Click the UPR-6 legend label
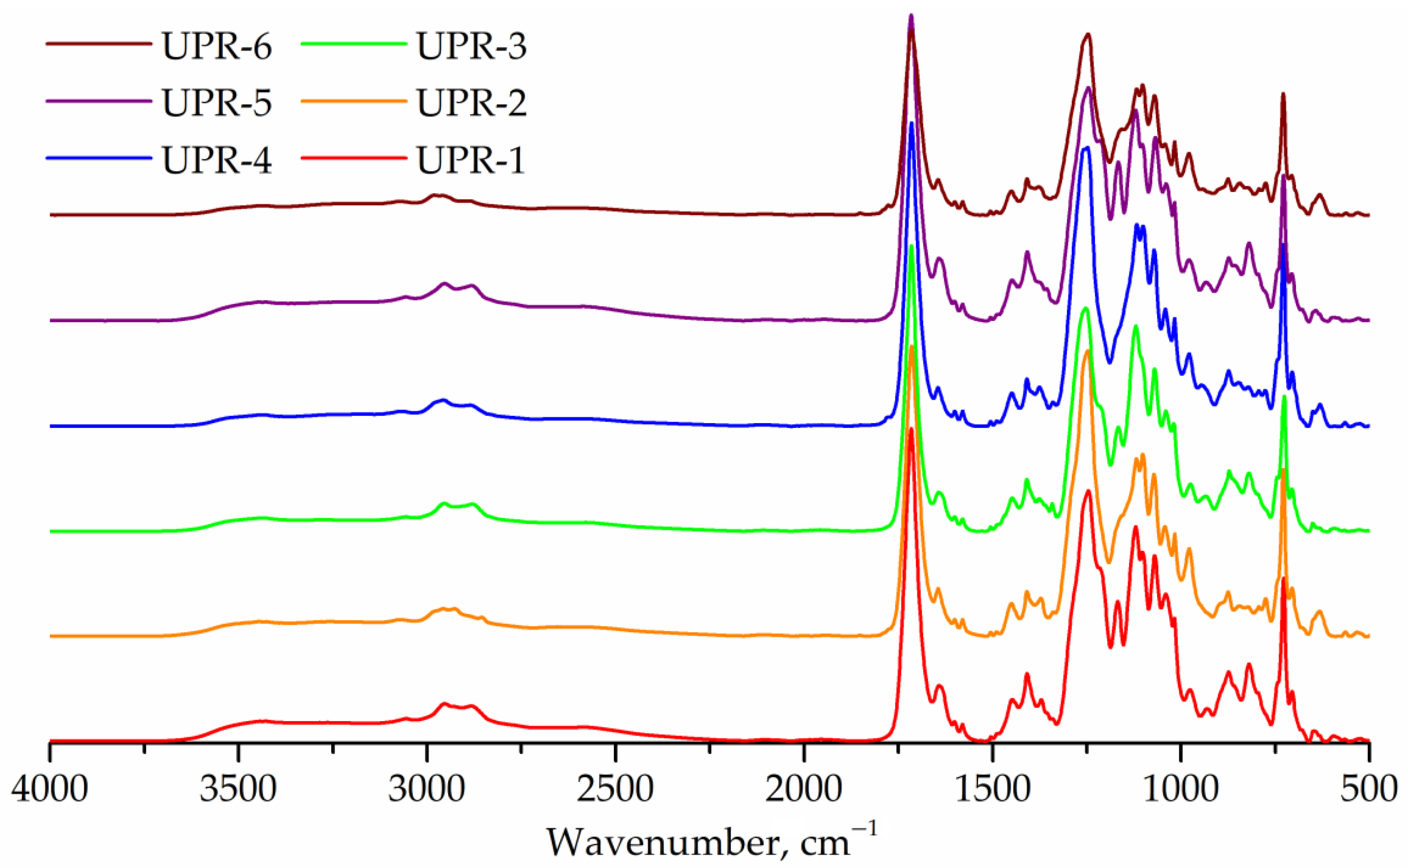point(217,46)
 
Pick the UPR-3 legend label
point(471,46)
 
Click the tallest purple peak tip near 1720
point(911,16)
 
